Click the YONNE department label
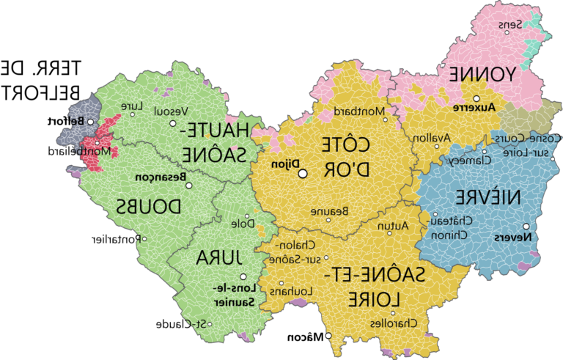[481, 75]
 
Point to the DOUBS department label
[149, 207]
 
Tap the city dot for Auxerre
[476, 98]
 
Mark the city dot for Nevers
[526, 227]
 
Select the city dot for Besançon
[188, 185]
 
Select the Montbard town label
[364, 111]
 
